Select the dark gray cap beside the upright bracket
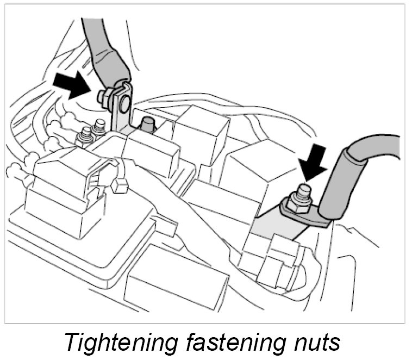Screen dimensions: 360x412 (146, 124)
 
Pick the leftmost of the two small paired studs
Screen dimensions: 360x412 (85, 134)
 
